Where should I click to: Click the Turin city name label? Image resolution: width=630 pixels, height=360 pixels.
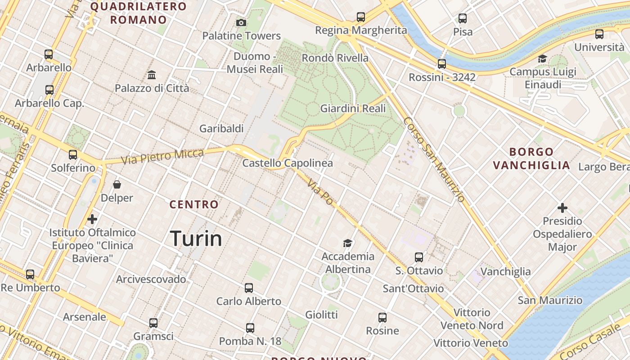196,238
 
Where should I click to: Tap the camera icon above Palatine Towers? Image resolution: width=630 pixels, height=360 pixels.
241,22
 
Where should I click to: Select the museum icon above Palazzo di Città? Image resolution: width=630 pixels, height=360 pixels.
152,75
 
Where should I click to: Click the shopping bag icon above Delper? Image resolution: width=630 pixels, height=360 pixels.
117,184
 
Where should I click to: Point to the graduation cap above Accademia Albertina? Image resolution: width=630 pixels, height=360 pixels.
347,243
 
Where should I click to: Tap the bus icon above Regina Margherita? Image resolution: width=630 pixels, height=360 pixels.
361,17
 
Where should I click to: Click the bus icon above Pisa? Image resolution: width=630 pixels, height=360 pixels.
463,18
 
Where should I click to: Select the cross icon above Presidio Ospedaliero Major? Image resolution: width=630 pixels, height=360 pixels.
562,208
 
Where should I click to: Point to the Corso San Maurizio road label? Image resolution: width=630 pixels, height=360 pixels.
434,159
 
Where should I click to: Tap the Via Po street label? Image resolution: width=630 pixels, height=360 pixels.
321,192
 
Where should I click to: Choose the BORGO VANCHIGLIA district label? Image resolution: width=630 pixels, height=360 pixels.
531,158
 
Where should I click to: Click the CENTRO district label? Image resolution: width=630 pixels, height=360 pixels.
194,204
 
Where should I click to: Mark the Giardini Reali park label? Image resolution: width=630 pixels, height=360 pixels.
353,108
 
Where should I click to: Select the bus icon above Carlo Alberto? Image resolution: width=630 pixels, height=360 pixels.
249,288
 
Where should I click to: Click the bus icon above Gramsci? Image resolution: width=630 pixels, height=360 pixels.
153,323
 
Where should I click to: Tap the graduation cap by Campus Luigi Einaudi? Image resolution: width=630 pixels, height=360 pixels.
542,59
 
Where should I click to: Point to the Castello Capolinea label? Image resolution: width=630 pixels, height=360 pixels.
288,163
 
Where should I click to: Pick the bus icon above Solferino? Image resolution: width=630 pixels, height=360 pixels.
73,155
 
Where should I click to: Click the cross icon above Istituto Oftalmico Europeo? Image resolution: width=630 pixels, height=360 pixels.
92,219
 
